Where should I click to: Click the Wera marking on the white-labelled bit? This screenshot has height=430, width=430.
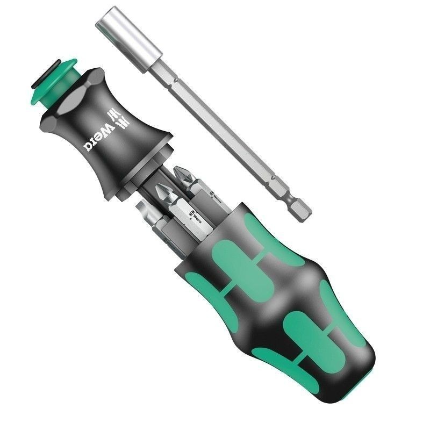tap(195, 217)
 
